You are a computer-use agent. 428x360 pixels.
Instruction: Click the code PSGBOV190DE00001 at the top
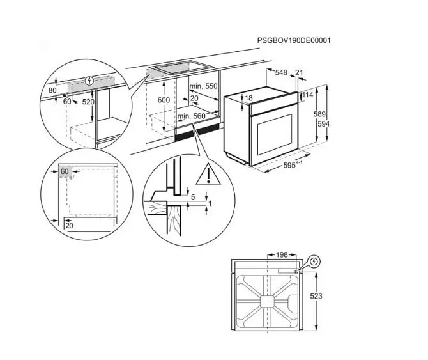click(294, 40)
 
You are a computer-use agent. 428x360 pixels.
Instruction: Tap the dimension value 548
click(281, 72)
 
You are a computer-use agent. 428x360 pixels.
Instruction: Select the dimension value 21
click(299, 72)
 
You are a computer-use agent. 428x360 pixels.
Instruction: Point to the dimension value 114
click(308, 95)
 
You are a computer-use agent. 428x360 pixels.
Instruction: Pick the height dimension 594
click(323, 124)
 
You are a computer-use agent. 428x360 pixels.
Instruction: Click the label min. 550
click(203, 86)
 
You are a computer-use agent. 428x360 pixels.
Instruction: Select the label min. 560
click(191, 116)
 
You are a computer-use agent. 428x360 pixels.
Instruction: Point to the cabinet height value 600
click(164, 100)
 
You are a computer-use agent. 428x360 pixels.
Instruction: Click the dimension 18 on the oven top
click(248, 98)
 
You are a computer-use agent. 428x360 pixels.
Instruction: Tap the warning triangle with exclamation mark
click(208, 175)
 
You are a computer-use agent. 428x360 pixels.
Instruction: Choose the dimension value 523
click(316, 296)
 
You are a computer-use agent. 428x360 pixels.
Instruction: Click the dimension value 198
click(282, 255)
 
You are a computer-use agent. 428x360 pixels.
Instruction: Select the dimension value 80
click(52, 90)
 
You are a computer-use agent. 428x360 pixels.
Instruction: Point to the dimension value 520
click(88, 102)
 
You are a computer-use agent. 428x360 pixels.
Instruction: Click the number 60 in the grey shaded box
click(65, 171)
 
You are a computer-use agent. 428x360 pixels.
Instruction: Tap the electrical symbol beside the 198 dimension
click(315, 262)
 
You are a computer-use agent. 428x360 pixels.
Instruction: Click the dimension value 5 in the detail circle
click(193, 197)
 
